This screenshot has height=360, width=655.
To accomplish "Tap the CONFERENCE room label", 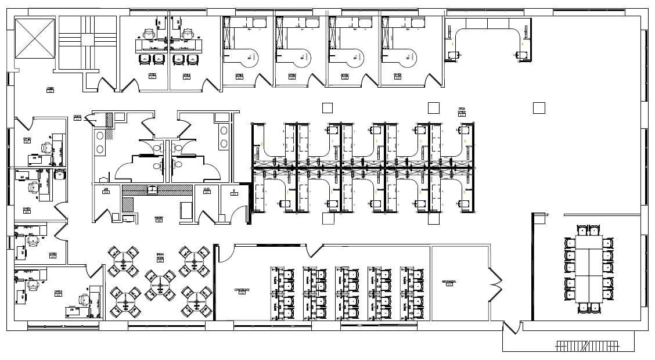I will [x=242, y=290].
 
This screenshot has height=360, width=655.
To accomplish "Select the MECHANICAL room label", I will [x=449, y=282].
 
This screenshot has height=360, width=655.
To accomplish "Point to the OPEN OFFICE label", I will [x=462, y=110].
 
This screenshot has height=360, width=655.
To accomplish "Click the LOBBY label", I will [x=51, y=89].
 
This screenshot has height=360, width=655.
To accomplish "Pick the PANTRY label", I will [x=158, y=218].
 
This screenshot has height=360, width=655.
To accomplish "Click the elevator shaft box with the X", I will [x=35, y=38].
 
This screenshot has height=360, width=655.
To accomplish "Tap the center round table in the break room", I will [x=159, y=284].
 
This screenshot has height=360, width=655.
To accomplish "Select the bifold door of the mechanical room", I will [x=495, y=284].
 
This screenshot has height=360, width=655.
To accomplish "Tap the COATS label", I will [x=78, y=117].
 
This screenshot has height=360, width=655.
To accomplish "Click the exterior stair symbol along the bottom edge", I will [x=587, y=346].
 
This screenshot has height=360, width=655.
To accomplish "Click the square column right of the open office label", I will [x=539, y=107].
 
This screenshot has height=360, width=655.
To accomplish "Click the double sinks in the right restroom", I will [x=224, y=136].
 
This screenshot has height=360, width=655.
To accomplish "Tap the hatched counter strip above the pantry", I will [x=157, y=189].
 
